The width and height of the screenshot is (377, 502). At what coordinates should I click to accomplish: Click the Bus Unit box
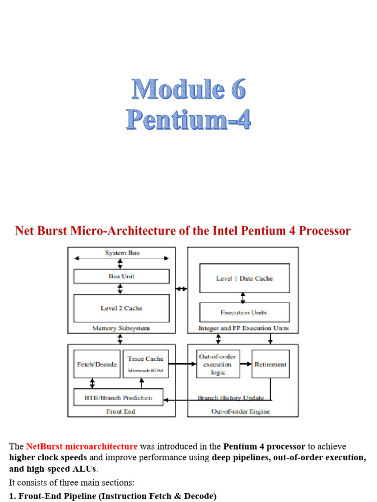pyautogui.click(x=121, y=276)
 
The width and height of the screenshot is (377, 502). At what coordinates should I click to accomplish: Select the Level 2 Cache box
pyautogui.click(x=121, y=308)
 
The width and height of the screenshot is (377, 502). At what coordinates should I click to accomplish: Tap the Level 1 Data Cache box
pyautogui.click(x=244, y=278)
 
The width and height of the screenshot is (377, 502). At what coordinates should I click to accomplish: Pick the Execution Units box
pyautogui.click(x=244, y=312)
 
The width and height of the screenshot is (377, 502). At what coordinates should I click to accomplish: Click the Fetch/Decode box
pyautogui.click(x=97, y=364)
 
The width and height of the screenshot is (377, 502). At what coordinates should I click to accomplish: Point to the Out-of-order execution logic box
pyautogui.click(x=218, y=364)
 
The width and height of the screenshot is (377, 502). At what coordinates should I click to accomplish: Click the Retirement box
pyautogui.click(x=270, y=364)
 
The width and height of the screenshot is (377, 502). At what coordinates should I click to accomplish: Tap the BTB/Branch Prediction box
pyautogui.click(x=118, y=398)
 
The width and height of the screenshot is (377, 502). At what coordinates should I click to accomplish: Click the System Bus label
pyautogui.click(x=122, y=253)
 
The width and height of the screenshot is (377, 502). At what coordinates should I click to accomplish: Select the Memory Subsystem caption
pyautogui.click(x=121, y=328)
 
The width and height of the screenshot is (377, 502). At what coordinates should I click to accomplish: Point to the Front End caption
pyautogui.click(x=121, y=412)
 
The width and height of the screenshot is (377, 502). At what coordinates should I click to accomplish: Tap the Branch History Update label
pyautogui.click(x=230, y=398)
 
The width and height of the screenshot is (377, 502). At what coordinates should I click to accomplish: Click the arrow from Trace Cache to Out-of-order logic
pyautogui.click(x=182, y=364)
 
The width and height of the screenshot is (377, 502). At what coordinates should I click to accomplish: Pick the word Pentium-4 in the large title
pyautogui.click(x=188, y=119)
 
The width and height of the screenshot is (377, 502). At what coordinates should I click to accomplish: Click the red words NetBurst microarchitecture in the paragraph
pyautogui.click(x=81, y=447)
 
